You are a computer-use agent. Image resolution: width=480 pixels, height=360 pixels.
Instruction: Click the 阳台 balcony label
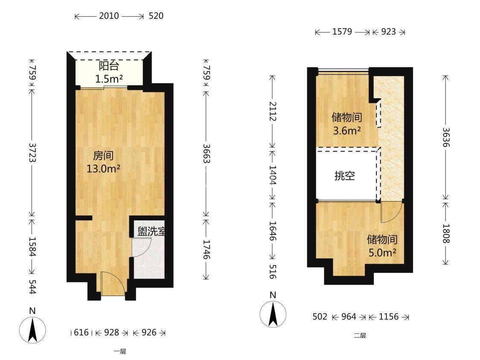(109, 66)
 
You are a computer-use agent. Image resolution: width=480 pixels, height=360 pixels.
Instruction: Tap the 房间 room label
(103, 155)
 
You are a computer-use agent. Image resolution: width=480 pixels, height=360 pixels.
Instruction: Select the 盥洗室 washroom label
(151, 231)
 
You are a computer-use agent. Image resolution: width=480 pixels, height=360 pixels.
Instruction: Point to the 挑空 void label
(345, 176)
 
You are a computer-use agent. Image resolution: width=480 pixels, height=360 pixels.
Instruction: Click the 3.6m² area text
(347, 131)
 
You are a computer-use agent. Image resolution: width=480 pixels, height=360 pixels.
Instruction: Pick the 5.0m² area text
(382, 253)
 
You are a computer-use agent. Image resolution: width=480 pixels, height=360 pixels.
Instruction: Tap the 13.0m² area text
(103, 169)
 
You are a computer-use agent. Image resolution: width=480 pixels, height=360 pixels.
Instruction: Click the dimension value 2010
(109, 16)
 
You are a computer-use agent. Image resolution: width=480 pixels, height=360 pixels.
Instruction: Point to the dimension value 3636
(446, 137)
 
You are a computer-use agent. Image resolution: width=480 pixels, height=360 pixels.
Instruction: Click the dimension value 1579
(342, 32)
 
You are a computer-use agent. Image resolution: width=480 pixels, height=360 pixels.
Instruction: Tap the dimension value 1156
(389, 316)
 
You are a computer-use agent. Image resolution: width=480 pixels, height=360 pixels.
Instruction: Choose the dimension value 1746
(207, 249)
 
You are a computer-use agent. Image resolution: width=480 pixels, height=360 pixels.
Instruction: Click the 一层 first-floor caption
(120, 351)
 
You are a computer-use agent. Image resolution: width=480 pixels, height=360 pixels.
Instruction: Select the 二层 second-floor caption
(360, 336)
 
